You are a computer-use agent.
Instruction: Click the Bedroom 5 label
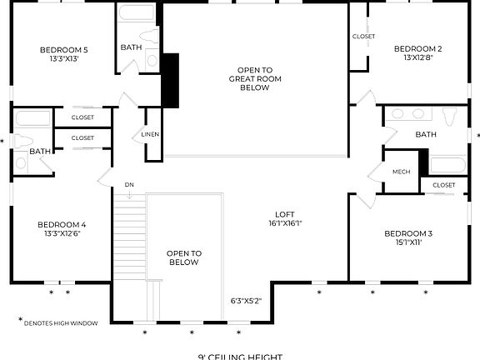pyautogui.click(x=64, y=50)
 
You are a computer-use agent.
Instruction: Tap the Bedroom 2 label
pyautogui.click(x=417, y=48)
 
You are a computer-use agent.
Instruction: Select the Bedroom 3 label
pyautogui.click(x=408, y=233)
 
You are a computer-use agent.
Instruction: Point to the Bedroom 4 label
pyautogui.click(x=62, y=224)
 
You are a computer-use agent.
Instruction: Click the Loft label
pyautogui.click(x=284, y=212)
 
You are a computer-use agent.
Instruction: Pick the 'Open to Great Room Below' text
pyautogui.click(x=254, y=78)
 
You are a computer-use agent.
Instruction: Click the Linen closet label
pyautogui.click(x=150, y=134)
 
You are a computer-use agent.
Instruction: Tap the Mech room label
pyautogui.click(x=401, y=172)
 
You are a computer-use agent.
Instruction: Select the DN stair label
pyautogui.click(x=129, y=184)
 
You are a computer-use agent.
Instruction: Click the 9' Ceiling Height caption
pyautogui.click(x=240, y=356)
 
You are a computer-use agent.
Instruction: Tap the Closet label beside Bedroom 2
pyautogui.click(x=363, y=37)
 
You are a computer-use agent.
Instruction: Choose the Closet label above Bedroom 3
pyautogui.click(x=443, y=184)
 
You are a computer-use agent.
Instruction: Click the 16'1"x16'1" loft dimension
pyautogui.click(x=284, y=223)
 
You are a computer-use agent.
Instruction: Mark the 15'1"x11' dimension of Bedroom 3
pyautogui.click(x=408, y=243)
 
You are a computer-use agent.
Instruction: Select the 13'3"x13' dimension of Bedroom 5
pyautogui.click(x=64, y=59)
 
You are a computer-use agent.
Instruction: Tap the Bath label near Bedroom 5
pyautogui.click(x=131, y=47)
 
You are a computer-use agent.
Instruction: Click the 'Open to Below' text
pyautogui.click(x=183, y=257)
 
